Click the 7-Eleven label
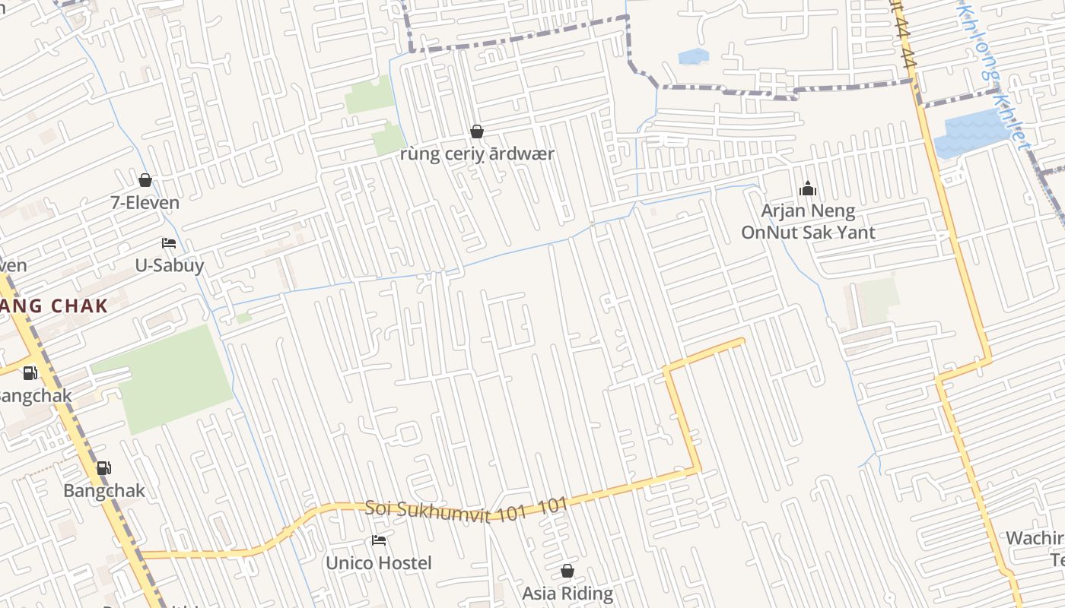click(145, 203)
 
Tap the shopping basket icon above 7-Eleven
click(145, 180)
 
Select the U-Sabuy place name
click(169, 265)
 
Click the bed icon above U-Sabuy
click(169, 243)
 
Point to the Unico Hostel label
click(378, 563)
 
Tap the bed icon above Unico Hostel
click(379, 540)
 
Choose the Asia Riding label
click(567, 594)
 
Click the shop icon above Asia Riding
click(567, 571)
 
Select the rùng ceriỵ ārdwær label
click(477, 154)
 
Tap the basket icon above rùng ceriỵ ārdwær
click(477, 131)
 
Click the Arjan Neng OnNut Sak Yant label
click(808, 221)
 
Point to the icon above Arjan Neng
click(808, 188)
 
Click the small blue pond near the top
click(693, 56)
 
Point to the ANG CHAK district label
click(53, 306)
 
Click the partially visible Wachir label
click(1035, 539)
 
